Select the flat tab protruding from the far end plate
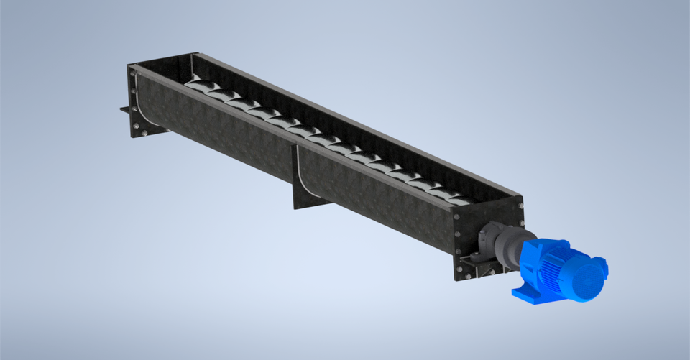click(125, 110)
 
